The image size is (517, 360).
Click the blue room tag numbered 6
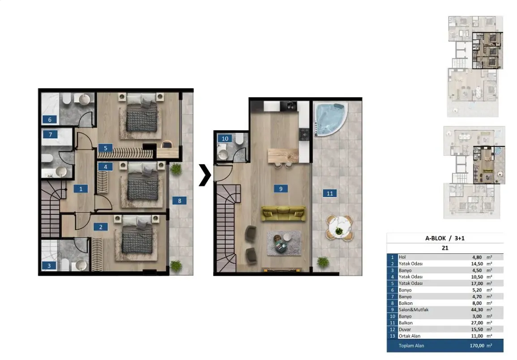click(49, 120)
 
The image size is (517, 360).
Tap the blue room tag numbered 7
click(50, 134)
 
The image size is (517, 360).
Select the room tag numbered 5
click(105, 148)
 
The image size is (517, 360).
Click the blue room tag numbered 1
click(81, 189)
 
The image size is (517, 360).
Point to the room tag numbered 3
click(49, 265)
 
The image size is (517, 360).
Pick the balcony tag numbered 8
click(179, 201)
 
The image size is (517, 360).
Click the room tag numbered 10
click(225, 139)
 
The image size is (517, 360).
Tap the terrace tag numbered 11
click(330, 193)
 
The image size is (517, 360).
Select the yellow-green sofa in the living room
click(283, 214)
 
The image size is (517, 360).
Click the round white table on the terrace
click(339, 227)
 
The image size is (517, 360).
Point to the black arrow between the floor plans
click(205, 175)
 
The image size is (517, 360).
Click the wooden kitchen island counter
click(283, 155)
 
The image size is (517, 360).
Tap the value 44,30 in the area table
click(477, 310)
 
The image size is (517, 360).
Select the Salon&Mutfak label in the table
click(414, 310)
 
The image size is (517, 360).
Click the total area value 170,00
click(477, 346)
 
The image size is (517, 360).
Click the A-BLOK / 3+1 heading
click(445, 238)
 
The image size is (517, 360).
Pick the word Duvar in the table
click(405, 329)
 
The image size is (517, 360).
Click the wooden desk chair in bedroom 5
click(167, 144)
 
